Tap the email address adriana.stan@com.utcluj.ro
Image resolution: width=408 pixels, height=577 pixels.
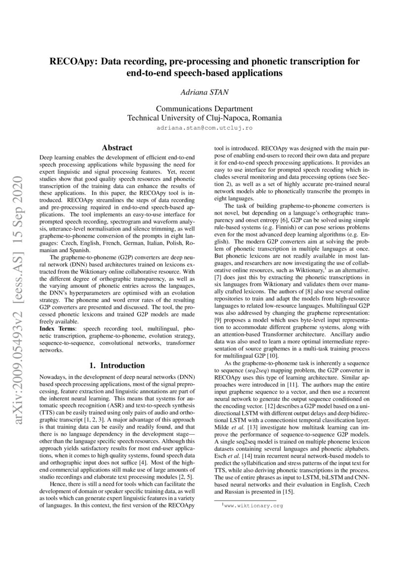coord(204,127)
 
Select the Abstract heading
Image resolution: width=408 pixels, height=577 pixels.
coord(116,147)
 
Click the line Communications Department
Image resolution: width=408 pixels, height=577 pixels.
coord(204,109)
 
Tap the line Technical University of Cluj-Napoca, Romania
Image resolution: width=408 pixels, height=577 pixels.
coord(204,118)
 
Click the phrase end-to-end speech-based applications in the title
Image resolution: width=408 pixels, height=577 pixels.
coord(204,74)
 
